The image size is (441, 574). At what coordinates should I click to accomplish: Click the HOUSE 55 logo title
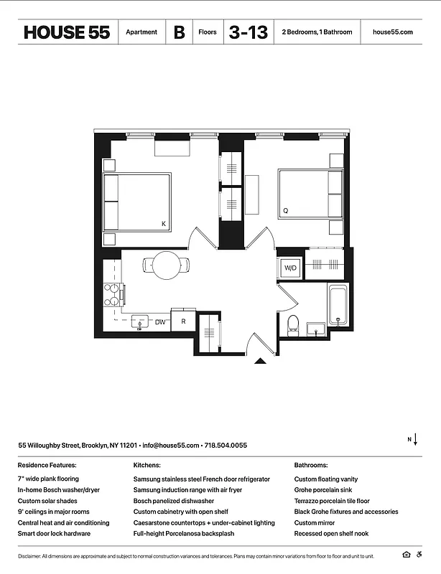tap(67, 32)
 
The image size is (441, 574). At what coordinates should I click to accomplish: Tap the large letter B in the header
tap(178, 32)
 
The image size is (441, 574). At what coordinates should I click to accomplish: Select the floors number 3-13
tap(248, 32)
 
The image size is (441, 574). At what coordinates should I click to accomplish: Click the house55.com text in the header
tap(393, 32)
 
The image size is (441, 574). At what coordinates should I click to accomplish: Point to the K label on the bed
tap(164, 225)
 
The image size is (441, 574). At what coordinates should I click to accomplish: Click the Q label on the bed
tap(285, 211)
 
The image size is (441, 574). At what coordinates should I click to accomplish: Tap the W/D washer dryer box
tap(290, 268)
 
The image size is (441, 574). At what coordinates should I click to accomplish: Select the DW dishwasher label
tap(161, 323)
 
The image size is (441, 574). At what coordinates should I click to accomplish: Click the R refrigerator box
tap(184, 321)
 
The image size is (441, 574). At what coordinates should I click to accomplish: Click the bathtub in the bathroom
tap(339, 305)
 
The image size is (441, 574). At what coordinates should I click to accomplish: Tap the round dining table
tap(168, 265)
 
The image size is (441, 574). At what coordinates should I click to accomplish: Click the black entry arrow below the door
tap(261, 361)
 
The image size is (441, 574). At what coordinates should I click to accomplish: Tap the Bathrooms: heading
tap(311, 465)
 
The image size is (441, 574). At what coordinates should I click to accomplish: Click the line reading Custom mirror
tap(315, 523)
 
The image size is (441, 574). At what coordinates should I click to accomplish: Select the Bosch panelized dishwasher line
tap(174, 501)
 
